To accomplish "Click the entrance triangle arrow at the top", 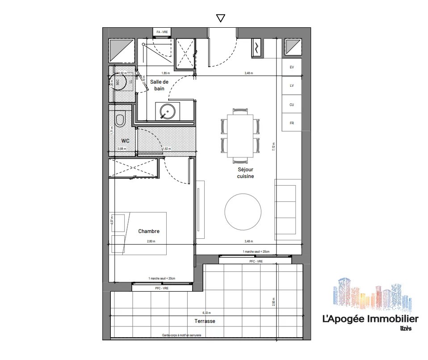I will tap(220, 18).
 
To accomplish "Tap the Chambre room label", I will tap(149, 231).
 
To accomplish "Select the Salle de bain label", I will tap(159, 85).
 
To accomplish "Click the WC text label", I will tap(125, 140).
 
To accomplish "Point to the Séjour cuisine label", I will tap(245, 173).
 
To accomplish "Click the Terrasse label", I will tap(205, 321).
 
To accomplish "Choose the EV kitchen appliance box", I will tap(292, 67).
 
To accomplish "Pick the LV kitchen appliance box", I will tap(292, 85).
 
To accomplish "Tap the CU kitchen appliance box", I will tap(292, 104).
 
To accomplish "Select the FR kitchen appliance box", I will tap(292, 123).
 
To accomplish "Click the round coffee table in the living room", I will tap(243, 211).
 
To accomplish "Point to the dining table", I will tap(240, 136).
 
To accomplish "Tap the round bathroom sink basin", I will tap(167, 110).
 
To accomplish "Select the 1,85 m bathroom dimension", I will tap(165, 73).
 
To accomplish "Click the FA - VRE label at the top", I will tap(162, 32).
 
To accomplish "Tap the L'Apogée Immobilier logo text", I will tap(370, 319).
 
